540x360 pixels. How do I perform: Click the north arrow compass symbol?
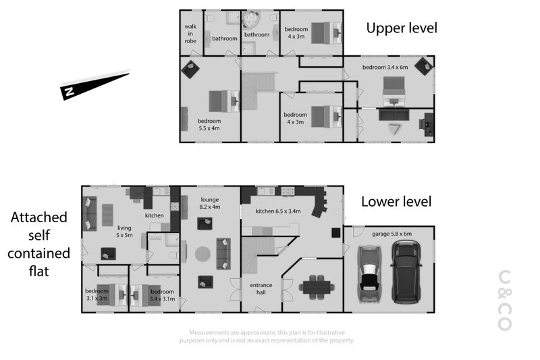(95, 84)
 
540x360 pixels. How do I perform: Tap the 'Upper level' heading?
(402, 28)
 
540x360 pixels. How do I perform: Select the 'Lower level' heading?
(396, 201)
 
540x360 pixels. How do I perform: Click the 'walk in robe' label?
(190, 33)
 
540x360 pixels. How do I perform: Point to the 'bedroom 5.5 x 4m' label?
(209, 124)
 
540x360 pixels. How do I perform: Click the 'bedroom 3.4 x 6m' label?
(385, 67)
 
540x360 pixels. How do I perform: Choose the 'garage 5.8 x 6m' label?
(392, 234)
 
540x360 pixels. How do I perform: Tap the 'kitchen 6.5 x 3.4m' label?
(278, 211)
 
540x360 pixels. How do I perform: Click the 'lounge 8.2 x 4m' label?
(210, 203)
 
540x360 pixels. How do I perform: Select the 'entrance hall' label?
(261, 288)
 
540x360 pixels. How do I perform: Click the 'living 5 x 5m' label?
(124, 231)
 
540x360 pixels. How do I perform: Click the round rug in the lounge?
(202, 254)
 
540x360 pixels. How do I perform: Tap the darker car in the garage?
(406, 272)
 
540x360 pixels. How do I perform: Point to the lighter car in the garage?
(369, 274)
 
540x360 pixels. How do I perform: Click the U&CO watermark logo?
(505, 301)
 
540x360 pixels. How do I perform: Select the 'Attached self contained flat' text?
(38, 245)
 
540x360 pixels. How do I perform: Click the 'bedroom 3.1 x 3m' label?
(97, 294)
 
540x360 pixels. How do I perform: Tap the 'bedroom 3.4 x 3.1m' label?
(162, 295)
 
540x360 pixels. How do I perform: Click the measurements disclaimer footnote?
(267, 336)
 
